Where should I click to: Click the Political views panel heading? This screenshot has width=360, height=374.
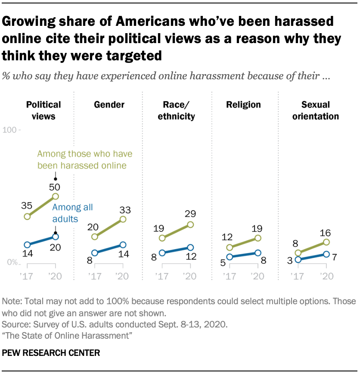43,110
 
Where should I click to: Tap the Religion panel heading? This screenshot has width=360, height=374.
244,105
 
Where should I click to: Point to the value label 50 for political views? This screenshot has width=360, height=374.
55,187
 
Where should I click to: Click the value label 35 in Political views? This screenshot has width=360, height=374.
27,206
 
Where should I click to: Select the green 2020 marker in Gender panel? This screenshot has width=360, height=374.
123,219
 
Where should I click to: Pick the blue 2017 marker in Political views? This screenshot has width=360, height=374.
27,245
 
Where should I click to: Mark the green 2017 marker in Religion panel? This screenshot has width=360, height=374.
230,247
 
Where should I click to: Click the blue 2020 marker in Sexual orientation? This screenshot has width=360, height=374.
326,254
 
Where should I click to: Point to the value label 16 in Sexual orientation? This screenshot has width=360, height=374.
326,232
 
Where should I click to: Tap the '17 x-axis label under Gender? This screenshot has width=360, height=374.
94,276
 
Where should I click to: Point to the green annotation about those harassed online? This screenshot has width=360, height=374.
85,159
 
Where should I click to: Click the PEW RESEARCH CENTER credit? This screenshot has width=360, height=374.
51,353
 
